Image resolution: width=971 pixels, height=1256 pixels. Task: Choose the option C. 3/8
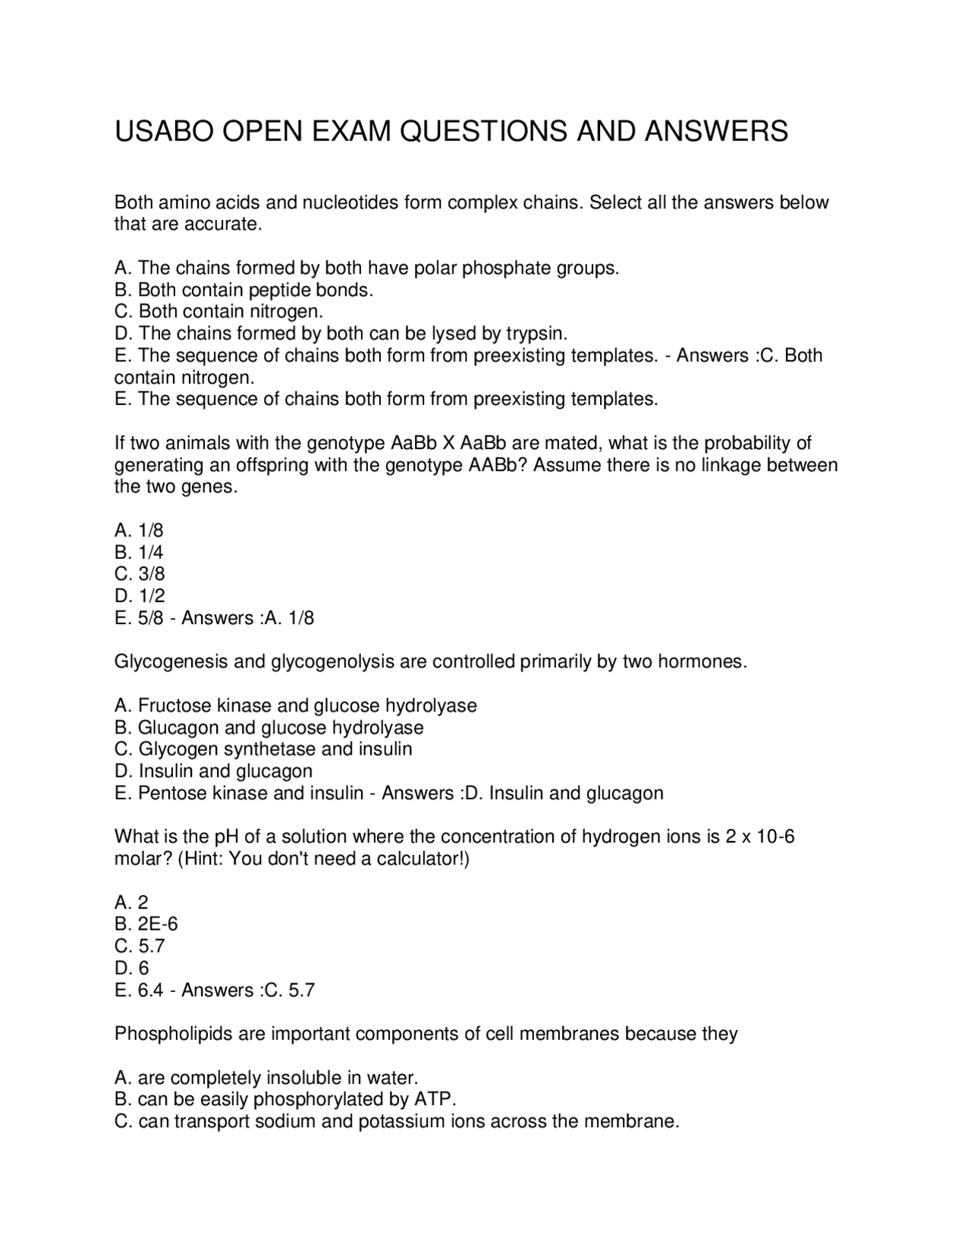[140, 574]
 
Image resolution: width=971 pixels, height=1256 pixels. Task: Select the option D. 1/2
[140, 596]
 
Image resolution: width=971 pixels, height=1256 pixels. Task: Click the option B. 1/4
[139, 552]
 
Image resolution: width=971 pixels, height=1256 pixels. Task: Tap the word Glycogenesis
[171, 662]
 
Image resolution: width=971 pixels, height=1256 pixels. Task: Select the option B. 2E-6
[146, 925]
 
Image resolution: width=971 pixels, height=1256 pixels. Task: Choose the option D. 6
[132, 969]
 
